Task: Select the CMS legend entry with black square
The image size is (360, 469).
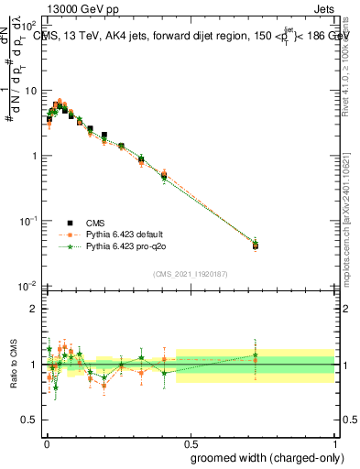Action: coord(76,223)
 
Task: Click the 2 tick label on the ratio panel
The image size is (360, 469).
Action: coord(35,309)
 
